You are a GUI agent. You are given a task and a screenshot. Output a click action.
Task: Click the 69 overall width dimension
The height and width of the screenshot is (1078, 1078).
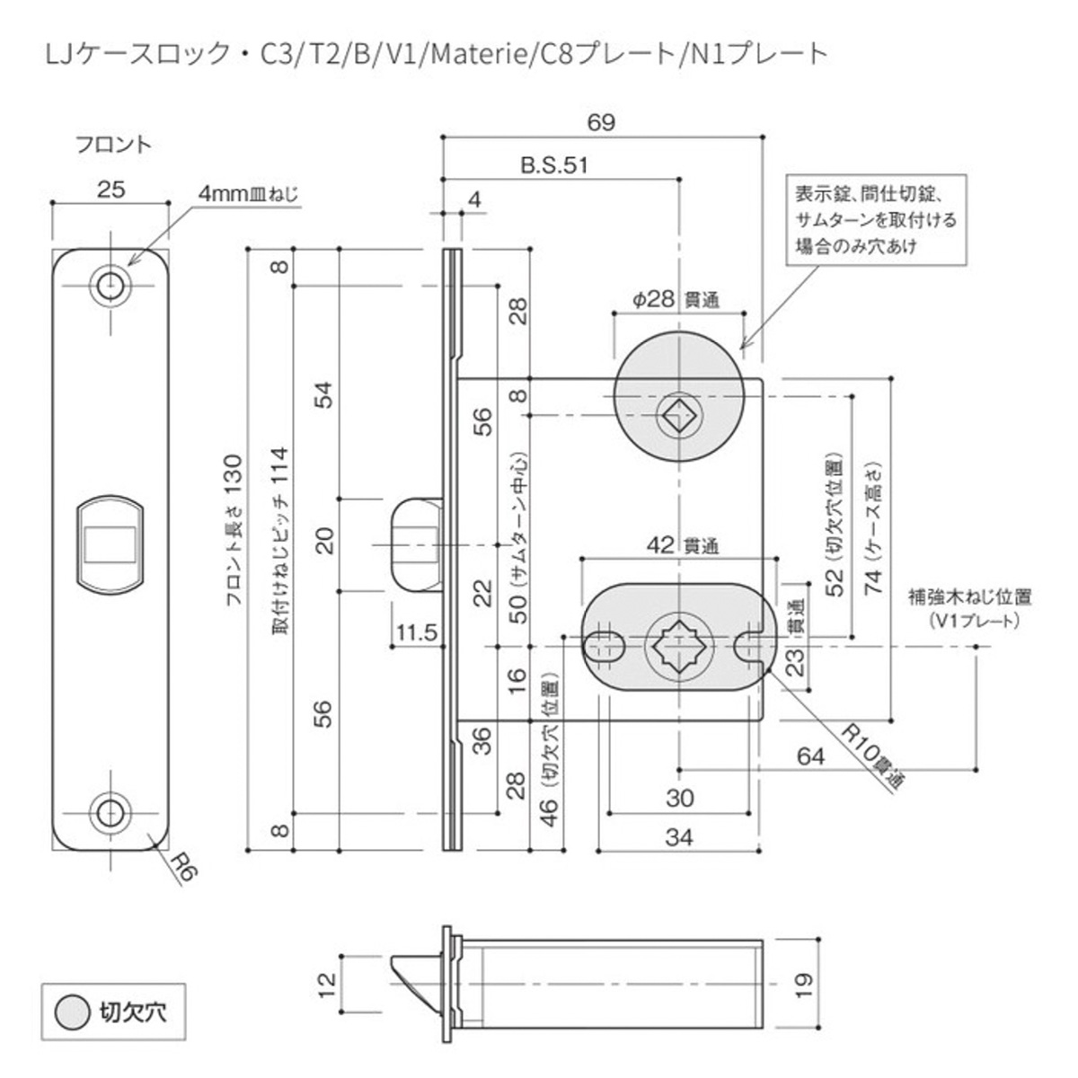pos(601,123)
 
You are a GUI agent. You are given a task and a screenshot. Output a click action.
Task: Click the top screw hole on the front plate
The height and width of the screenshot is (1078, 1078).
pos(111,285)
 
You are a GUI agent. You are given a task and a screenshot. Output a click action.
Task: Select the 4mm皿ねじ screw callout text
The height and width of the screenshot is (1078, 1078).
pos(247,193)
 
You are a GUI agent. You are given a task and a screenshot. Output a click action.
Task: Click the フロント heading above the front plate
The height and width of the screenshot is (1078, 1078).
pos(111,144)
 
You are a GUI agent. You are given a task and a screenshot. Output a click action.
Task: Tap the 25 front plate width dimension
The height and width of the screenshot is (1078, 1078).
pos(111,189)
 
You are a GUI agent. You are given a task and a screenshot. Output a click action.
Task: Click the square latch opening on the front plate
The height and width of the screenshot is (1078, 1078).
pos(110,545)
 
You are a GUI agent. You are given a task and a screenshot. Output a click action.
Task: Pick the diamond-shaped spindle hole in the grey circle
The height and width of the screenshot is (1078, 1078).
pos(678,415)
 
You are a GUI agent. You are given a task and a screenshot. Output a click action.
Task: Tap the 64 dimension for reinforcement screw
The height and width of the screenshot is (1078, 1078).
pos(810,755)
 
